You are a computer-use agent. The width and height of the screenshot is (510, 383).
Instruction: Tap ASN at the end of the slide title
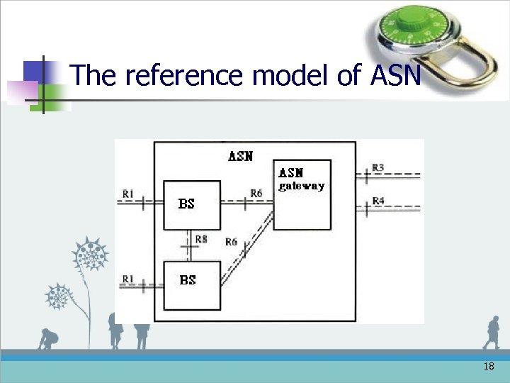point(395,74)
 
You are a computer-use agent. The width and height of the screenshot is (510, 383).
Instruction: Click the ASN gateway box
point(302,195)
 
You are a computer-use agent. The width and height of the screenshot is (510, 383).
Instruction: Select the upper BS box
point(192,204)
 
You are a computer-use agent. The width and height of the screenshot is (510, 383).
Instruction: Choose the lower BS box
point(192,285)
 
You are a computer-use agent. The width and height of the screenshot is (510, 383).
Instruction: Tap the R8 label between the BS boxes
point(201,240)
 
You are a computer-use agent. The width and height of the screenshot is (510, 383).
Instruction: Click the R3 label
point(378,167)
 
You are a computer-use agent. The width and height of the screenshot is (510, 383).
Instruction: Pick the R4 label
point(378,201)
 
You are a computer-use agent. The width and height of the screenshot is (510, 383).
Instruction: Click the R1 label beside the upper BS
point(128,192)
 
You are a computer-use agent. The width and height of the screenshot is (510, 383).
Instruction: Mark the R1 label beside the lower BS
point(128,279)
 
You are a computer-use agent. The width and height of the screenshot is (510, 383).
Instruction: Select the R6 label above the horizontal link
point(256,193)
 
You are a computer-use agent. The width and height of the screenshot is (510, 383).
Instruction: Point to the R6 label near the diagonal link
point(231,242)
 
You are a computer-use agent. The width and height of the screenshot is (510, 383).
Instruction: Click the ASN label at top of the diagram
point(240,156)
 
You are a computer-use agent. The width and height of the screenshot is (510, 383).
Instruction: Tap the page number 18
point(488,367)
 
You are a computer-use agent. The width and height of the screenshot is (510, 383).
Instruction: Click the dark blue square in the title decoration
point(34,72)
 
